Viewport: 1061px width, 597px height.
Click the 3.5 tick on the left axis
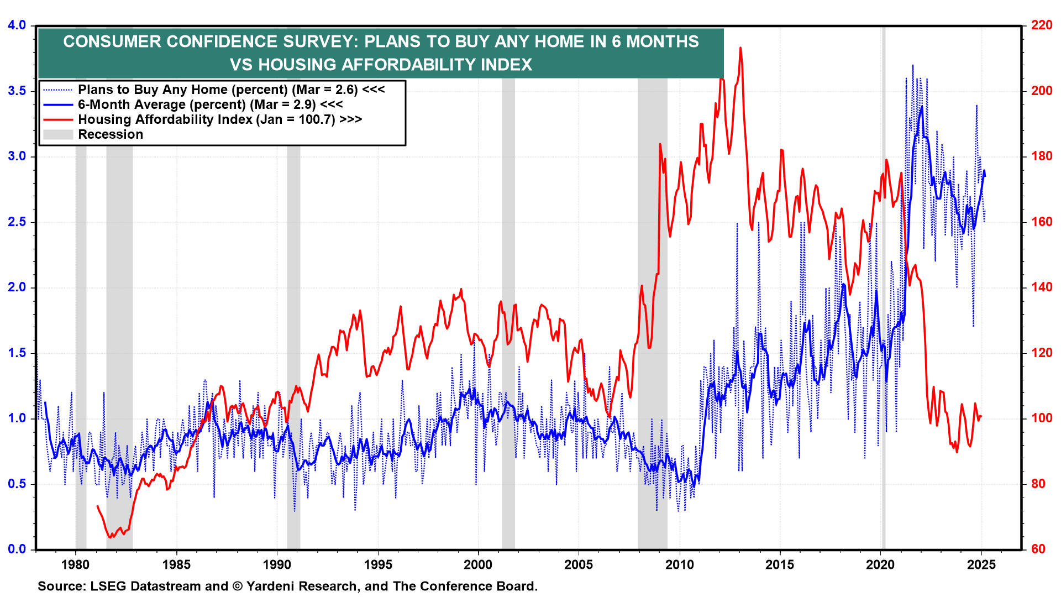tap(17, 91)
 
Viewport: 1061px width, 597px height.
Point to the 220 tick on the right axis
tap(1042, 25)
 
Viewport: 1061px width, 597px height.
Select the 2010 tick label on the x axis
tap(679, 564)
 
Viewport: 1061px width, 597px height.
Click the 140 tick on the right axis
tap(1042, 287)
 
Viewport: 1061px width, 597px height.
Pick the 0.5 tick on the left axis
tap(17, 484)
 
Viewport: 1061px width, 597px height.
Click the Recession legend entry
tap(111, 134)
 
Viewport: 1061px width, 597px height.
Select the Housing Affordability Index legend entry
tap(219, 119)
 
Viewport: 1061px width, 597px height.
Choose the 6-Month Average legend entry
tap(210, 104)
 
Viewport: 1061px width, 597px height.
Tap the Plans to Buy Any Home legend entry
tap(231, 90)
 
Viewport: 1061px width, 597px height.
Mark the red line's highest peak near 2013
tap(740, 48)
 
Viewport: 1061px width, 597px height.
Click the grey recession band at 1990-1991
tap(293, 332)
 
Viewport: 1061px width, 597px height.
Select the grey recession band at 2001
tap(508, 332)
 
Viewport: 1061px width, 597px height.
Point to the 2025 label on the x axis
tap(981, 564)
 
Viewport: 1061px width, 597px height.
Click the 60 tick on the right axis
tap(1038, 549)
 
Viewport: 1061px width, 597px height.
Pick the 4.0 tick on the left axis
tap(17, 25)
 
